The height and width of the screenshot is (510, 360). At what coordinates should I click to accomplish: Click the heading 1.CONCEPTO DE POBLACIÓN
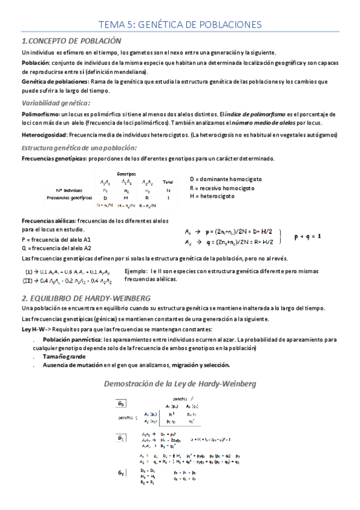point(72,41)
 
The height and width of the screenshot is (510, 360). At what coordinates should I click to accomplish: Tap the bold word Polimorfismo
point(40,114)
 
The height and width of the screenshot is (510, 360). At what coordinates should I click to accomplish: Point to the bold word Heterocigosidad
point(44,135)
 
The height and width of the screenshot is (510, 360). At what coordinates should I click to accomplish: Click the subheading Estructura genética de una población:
point(79,147)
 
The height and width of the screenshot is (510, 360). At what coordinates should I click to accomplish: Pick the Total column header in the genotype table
point(168,182)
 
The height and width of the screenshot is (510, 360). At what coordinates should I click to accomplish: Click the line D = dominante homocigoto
point(226,179)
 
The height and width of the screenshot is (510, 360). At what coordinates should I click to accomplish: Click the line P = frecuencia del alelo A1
point(56,239)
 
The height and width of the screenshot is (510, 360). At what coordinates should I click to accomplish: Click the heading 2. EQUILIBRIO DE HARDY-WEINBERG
point(86,298)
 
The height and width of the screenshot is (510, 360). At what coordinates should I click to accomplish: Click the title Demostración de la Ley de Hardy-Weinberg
point(180,383)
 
